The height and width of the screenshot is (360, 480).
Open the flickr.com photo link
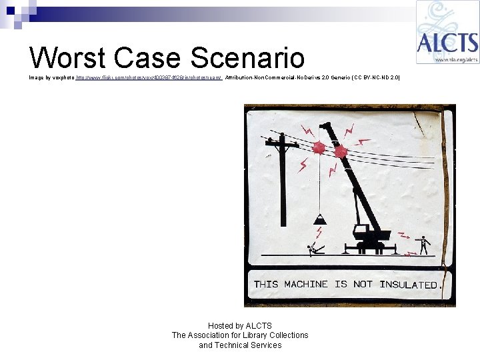(x=148, y=78)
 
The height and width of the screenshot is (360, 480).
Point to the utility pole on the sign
(x=283, y=180)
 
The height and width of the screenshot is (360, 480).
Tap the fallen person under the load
(x=315, y=249)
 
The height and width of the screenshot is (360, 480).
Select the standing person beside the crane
(x=423, y=244)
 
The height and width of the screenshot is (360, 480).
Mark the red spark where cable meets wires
(x=319, y=147)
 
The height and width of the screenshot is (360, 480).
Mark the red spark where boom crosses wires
(x=341, y=152)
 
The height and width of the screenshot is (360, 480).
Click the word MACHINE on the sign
(x=306, y=284)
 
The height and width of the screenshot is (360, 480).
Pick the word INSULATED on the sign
(x=408, y=285)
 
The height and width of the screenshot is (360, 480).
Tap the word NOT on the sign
(x=363, y=284)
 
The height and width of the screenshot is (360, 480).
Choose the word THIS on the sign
(x=266, y=284)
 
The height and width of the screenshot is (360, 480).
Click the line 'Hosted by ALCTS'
(x=240, y=326)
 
